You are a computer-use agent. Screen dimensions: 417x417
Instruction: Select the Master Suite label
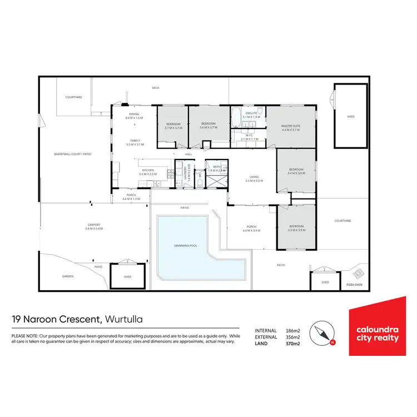coord(291,127)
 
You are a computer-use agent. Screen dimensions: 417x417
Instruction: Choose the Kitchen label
coord(147,170)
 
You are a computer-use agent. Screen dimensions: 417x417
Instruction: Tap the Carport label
coord(94,225)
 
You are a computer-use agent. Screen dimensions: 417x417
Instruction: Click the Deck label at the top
coord(156,87)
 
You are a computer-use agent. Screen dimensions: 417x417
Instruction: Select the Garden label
coord(68,276)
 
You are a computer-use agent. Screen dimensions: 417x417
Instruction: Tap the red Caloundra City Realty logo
coord(377,326)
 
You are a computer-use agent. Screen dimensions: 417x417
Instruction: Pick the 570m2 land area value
coord(292,344)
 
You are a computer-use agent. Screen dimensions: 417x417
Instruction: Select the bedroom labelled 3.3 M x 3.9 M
coord(296,227)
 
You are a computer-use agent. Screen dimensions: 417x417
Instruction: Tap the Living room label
coord(254,178)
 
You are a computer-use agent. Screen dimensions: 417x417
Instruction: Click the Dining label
coord(135,115)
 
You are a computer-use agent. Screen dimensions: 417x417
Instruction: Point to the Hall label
coord(188,154)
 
